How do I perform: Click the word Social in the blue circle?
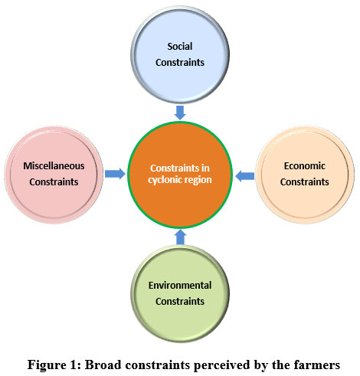coord(180,47)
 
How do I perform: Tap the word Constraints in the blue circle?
coord(180,63)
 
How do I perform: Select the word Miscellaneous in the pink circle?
coord(54,166)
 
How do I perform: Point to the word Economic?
coord(305,166)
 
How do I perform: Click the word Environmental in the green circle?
coord(180,286)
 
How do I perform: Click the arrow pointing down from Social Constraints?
coord(180,113)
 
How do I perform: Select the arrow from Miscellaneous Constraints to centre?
coord(115,174)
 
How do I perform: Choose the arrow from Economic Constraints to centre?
coord(244,176)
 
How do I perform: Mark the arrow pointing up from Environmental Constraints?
coord(181,237)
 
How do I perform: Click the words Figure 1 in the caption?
coord(54,365)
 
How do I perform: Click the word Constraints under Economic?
coord(305,182)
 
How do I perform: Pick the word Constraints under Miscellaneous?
coord(54,182)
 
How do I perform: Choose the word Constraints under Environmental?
coord(180,302)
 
